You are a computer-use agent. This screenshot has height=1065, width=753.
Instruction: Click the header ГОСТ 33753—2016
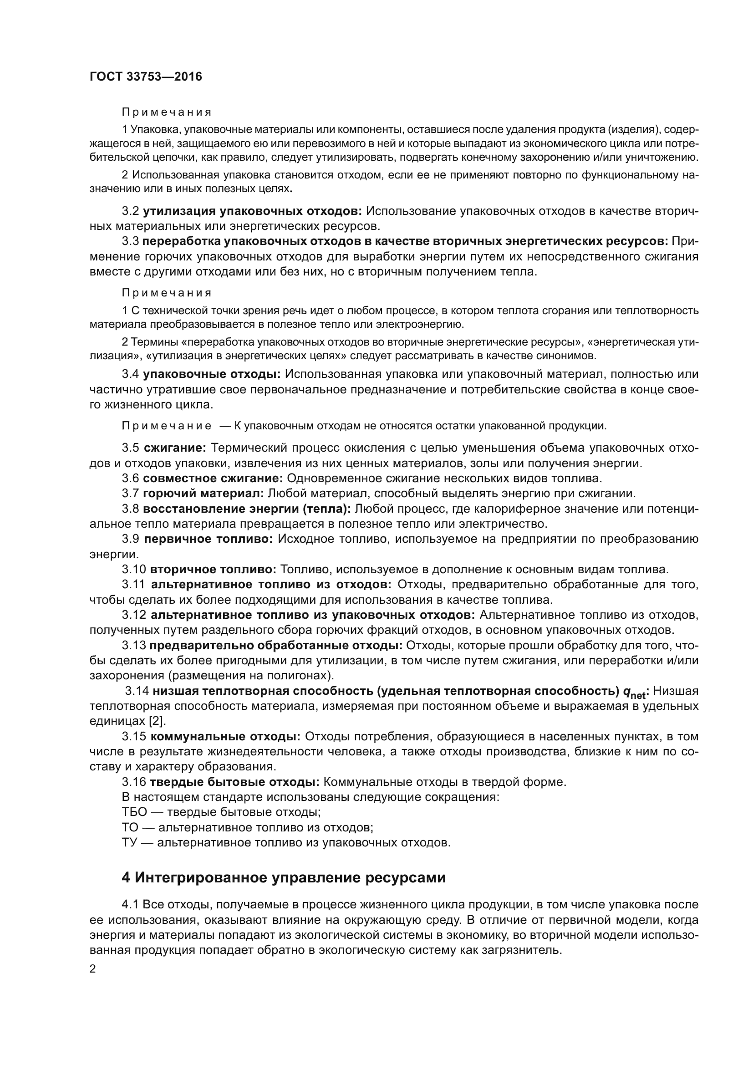pyautogui.click(x=146, y=77)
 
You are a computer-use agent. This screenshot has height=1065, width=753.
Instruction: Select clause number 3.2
pyautogui.click(x=130, y=211)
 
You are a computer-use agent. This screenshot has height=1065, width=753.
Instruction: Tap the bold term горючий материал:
pyautogui.click(x=204, y=493)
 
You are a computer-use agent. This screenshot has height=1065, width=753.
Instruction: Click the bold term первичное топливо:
pyautogui.click(x=210, y=539)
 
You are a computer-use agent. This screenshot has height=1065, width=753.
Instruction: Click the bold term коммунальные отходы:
pyautogui.click(x=226, y=737)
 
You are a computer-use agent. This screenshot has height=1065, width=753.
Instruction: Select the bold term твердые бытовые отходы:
pyautogui.click(x=234, y=782)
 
